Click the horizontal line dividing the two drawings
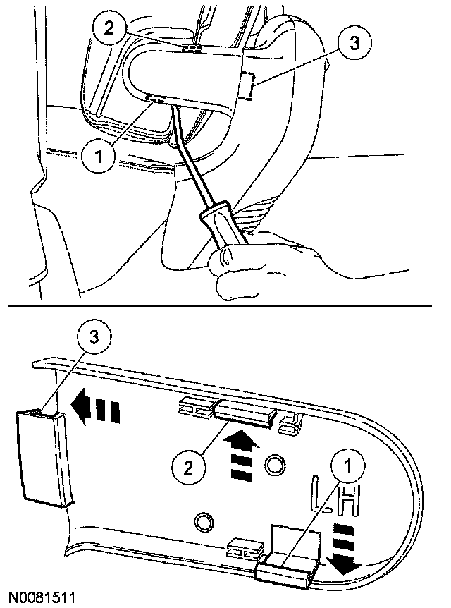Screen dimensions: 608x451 225,307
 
